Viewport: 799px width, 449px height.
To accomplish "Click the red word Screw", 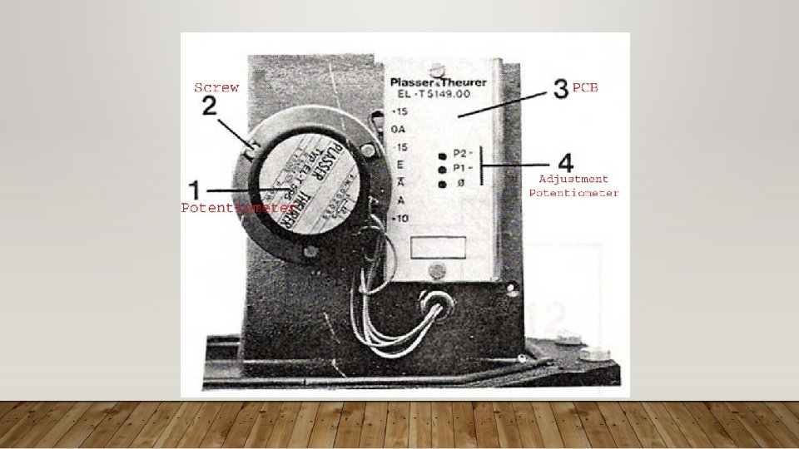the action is pyautogui.click(x=216, y=86).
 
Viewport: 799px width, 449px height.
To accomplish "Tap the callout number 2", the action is pyautogui.click(x=210, y=106).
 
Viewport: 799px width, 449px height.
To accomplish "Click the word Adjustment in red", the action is pyautogui.click(x=573, y=179).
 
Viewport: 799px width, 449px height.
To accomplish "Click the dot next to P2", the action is pyautogui.click(x=442, y=155).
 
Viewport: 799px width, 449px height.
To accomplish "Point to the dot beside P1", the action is pyautogui.click(x=442, y=168).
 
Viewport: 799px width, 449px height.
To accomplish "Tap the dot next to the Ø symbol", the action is pyautogui.click(x=442, y=182).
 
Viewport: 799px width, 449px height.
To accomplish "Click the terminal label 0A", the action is pyautogui.click(x=398, y=130).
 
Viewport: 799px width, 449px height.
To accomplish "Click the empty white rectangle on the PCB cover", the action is pyautogui.click(x=440, y=247).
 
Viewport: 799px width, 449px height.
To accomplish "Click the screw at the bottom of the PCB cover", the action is pyautogui.click(x=438, y=270).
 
